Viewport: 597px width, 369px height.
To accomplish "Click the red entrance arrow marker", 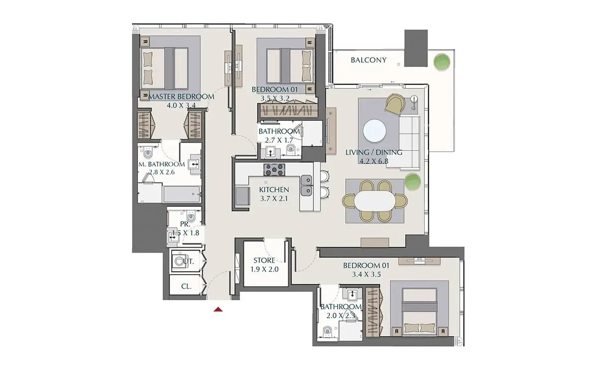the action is [218, 309].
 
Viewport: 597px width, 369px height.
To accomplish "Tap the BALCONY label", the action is [369, 60].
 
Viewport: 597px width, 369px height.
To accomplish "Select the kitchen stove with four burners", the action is [274, 170].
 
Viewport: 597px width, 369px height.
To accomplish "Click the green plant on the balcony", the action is [441, 62].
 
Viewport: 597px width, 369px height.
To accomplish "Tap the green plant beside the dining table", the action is [412, 181].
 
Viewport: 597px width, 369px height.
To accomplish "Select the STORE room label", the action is [264, 260].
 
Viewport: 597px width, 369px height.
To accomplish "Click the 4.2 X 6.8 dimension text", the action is [374, 161].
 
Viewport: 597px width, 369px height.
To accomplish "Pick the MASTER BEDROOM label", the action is [181, 96].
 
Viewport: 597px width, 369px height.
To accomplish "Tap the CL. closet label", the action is [186, 286].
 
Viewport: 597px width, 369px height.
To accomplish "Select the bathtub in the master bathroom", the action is [182, 194].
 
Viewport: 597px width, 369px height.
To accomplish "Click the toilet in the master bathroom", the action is [147, 152].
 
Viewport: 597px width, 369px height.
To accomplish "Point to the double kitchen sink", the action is [306, 185].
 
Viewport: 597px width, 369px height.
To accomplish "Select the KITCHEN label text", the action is [274, 189].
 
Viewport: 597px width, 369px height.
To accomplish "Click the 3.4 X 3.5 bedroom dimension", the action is [366, 275].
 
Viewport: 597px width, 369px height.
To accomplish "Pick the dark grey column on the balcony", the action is [416, 48].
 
